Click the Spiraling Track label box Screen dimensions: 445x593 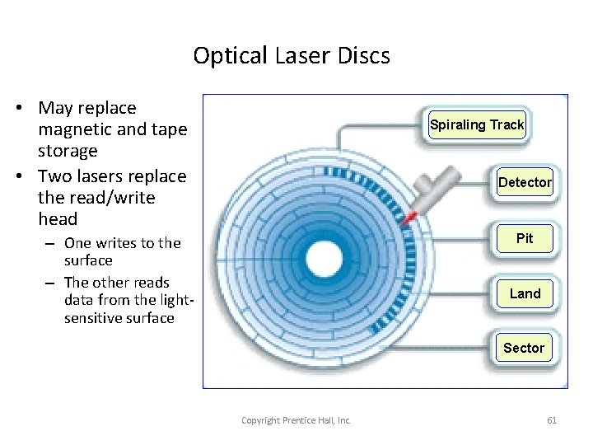click(x=477, y=125)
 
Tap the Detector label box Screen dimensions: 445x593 click(x=525, y=182)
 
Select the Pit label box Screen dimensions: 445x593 click(x=525, y=239)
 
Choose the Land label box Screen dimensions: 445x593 click(x=525, y=293)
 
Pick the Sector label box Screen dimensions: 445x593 click(x=524, y=348)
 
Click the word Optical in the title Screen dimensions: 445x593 click(x=231, y=56)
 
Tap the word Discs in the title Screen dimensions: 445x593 click(x=363, y=56)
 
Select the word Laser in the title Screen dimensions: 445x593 click(x=301, y=56)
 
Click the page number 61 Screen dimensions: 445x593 click(x=552, y=420)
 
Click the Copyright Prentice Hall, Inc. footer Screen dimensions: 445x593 click(x=296, y=420)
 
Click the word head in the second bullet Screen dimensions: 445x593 click(x=58, y=219)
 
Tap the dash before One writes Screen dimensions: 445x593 click(x=50, y=243)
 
